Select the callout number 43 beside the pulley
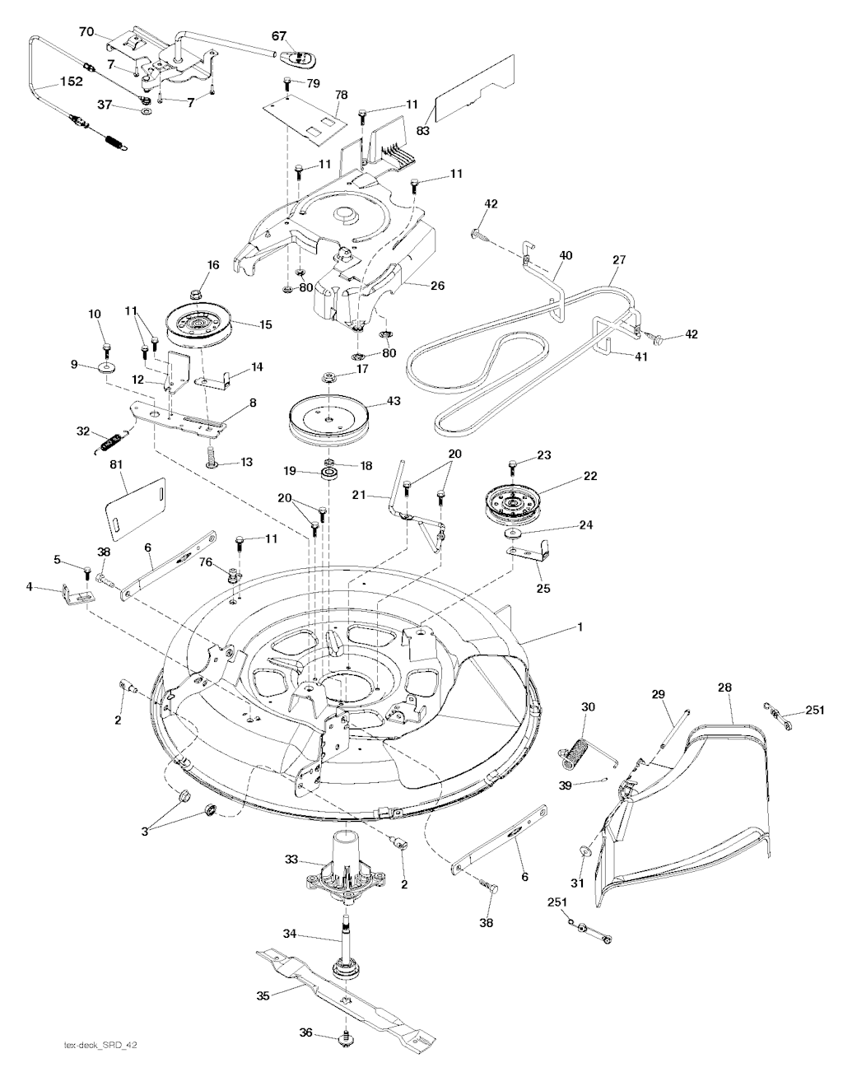click(394, 401)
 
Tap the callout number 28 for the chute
click(724, 687)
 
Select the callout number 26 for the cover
click(437, 287)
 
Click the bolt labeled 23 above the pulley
click(512, 468)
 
